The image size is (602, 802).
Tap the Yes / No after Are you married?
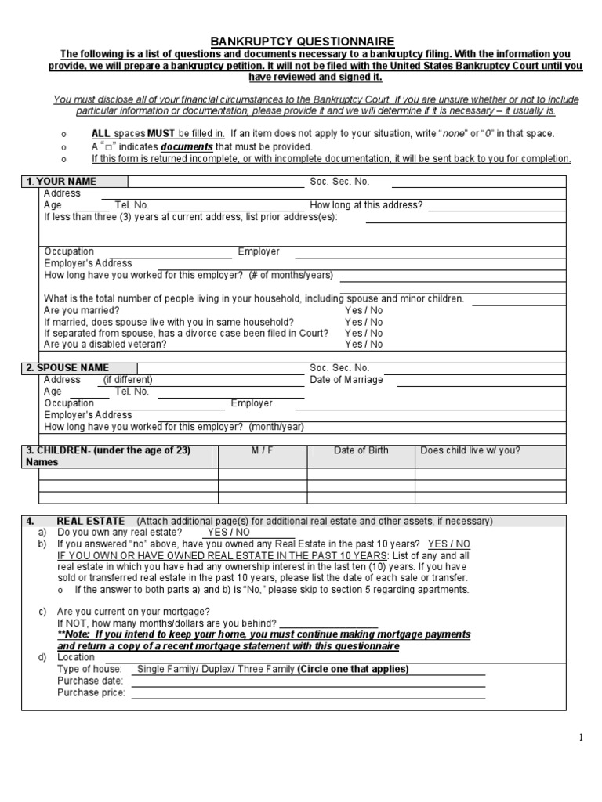point(364,310)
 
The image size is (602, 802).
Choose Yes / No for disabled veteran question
point(364,344)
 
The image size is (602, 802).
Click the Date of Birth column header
point(361,450)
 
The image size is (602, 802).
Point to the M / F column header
point(262,450)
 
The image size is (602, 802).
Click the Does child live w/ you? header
point(470,450)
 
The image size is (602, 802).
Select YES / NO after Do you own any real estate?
point(228,532)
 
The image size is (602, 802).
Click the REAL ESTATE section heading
point(91,521)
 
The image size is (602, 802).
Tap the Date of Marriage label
point(346,380)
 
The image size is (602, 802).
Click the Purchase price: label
point(91,693)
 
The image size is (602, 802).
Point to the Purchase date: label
point(90,681)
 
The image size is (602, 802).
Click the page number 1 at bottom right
point(581,737)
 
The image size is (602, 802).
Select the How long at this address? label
point(366,205)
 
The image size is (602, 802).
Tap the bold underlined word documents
point(187,146)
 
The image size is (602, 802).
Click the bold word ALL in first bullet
point(101,134)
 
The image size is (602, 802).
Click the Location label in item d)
point(76,658)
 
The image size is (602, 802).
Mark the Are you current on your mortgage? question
point(133,612)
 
